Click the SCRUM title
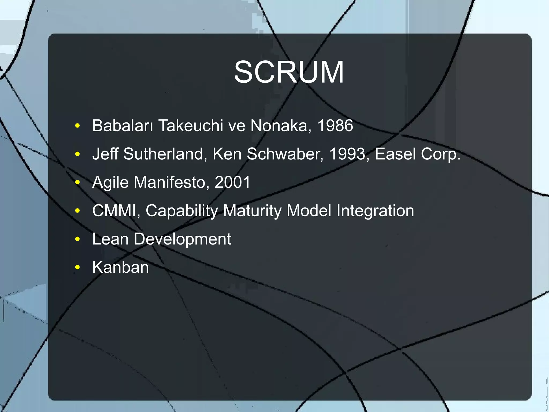[289, 72]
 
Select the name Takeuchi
[191, 125]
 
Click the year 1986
[335, 125]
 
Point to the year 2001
[232, 182]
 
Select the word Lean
[110, 239]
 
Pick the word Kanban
[120, 267]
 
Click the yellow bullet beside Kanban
[77, 267]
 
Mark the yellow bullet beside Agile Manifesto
[77, 183]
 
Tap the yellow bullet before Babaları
[77, 126]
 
